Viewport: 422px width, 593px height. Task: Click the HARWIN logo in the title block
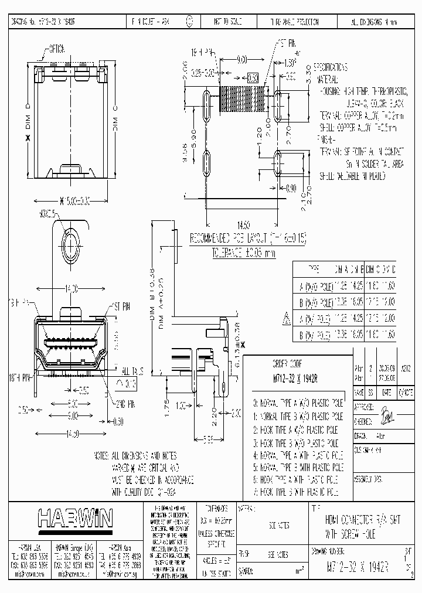75,518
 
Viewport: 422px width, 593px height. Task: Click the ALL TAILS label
134,372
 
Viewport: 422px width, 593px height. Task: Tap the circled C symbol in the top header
189,21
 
